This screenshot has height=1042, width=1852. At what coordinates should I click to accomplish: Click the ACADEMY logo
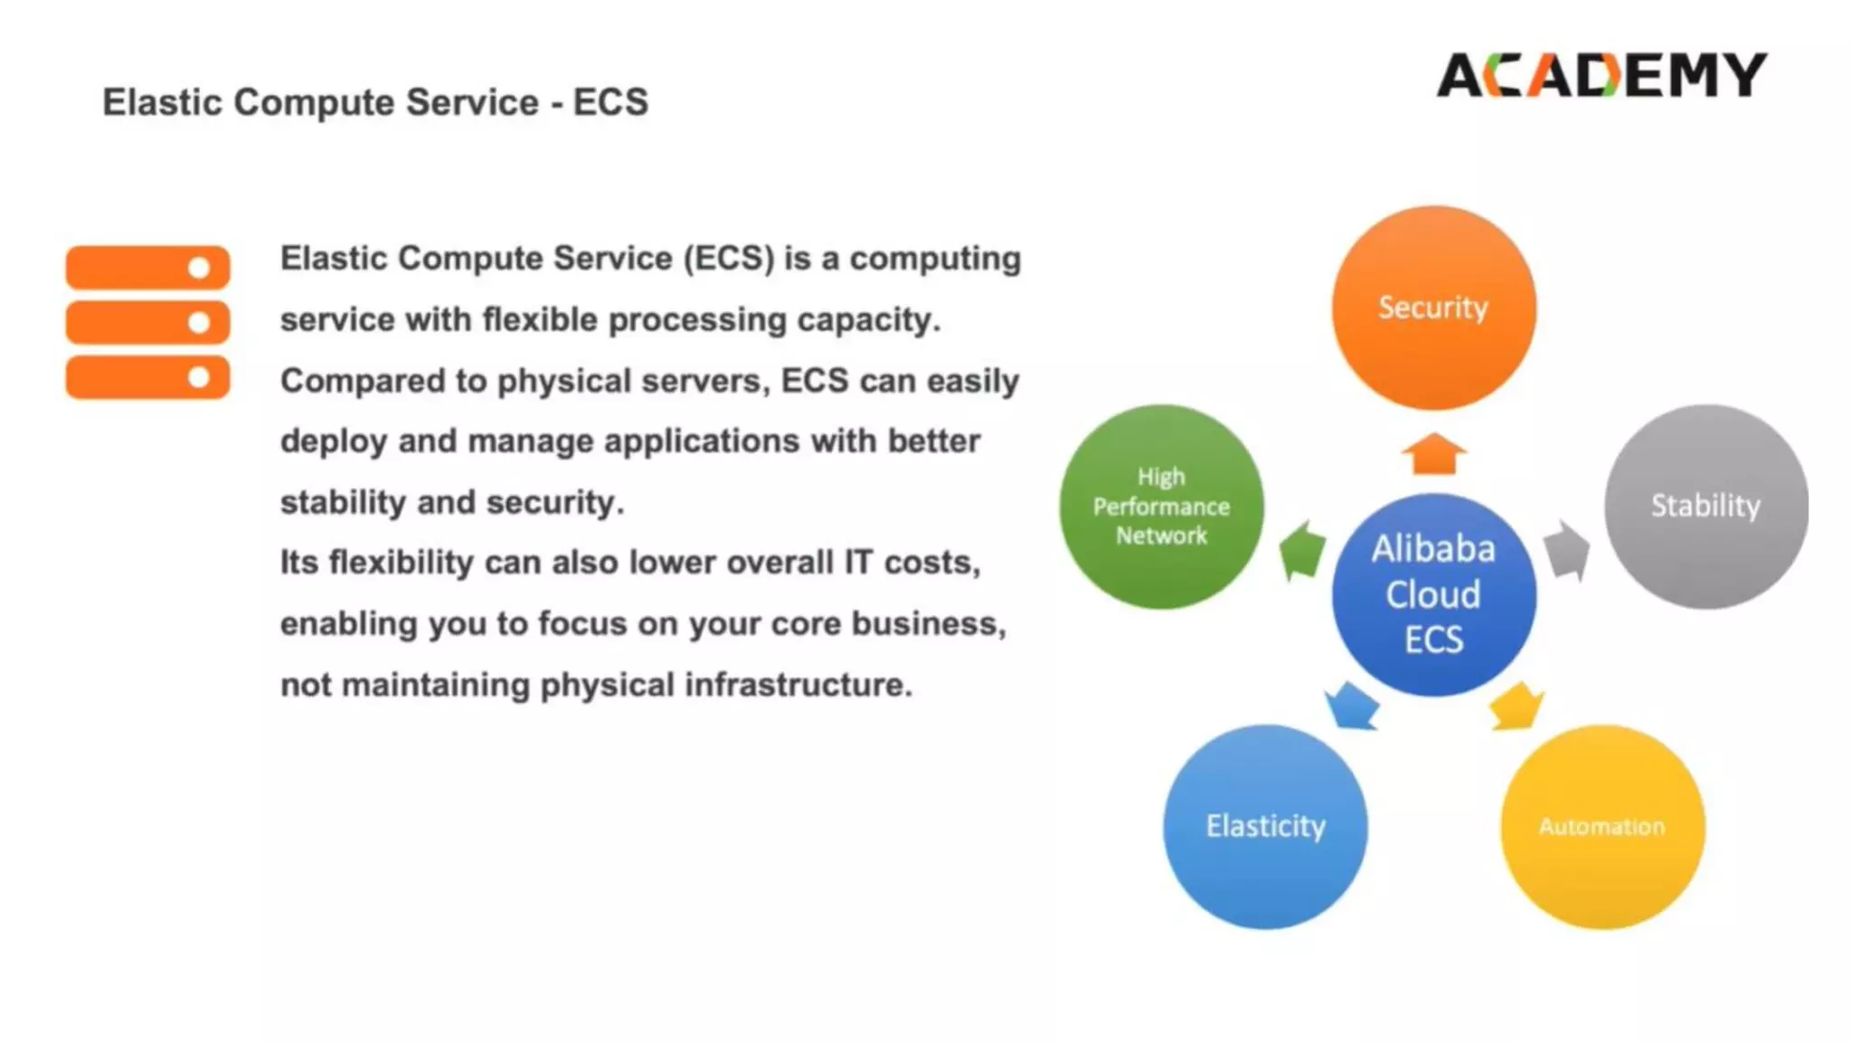1602,75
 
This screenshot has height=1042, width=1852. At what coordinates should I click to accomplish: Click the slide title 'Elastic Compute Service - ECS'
375,102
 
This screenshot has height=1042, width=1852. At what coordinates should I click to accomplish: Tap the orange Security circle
1433,308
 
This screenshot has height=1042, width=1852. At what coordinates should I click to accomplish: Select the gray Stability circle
1706,507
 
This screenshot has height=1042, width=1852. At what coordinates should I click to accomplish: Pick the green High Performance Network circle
1161,507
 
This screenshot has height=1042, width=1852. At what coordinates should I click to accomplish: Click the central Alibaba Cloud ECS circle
1433,594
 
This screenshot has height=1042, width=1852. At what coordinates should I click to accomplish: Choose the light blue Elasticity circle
1265,827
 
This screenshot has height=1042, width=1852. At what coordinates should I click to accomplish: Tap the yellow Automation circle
1602,827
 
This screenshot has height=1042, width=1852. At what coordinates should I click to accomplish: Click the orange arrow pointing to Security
1434,453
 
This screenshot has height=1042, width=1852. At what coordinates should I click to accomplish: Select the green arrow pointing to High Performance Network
1302,550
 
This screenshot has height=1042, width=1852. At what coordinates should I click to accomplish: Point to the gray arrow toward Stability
1566,550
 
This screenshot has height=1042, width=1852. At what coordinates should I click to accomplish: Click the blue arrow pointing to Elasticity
1352,706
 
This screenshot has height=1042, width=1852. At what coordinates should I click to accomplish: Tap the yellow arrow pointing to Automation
1516,706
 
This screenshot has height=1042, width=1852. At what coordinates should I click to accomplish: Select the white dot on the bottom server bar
199,377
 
